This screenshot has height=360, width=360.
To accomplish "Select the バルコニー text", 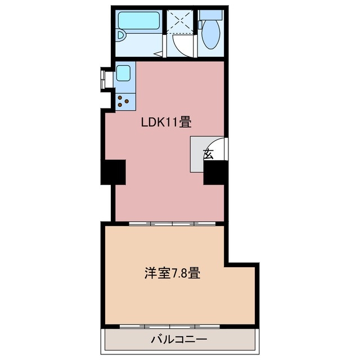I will pos(178,339).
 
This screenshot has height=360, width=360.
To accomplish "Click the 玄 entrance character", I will pos(208,154).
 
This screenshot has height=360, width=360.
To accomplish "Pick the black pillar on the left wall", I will pos(114,172).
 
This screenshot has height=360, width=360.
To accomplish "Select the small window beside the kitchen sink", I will pos(105,79).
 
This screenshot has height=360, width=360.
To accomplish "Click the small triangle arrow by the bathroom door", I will pos(160,55).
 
